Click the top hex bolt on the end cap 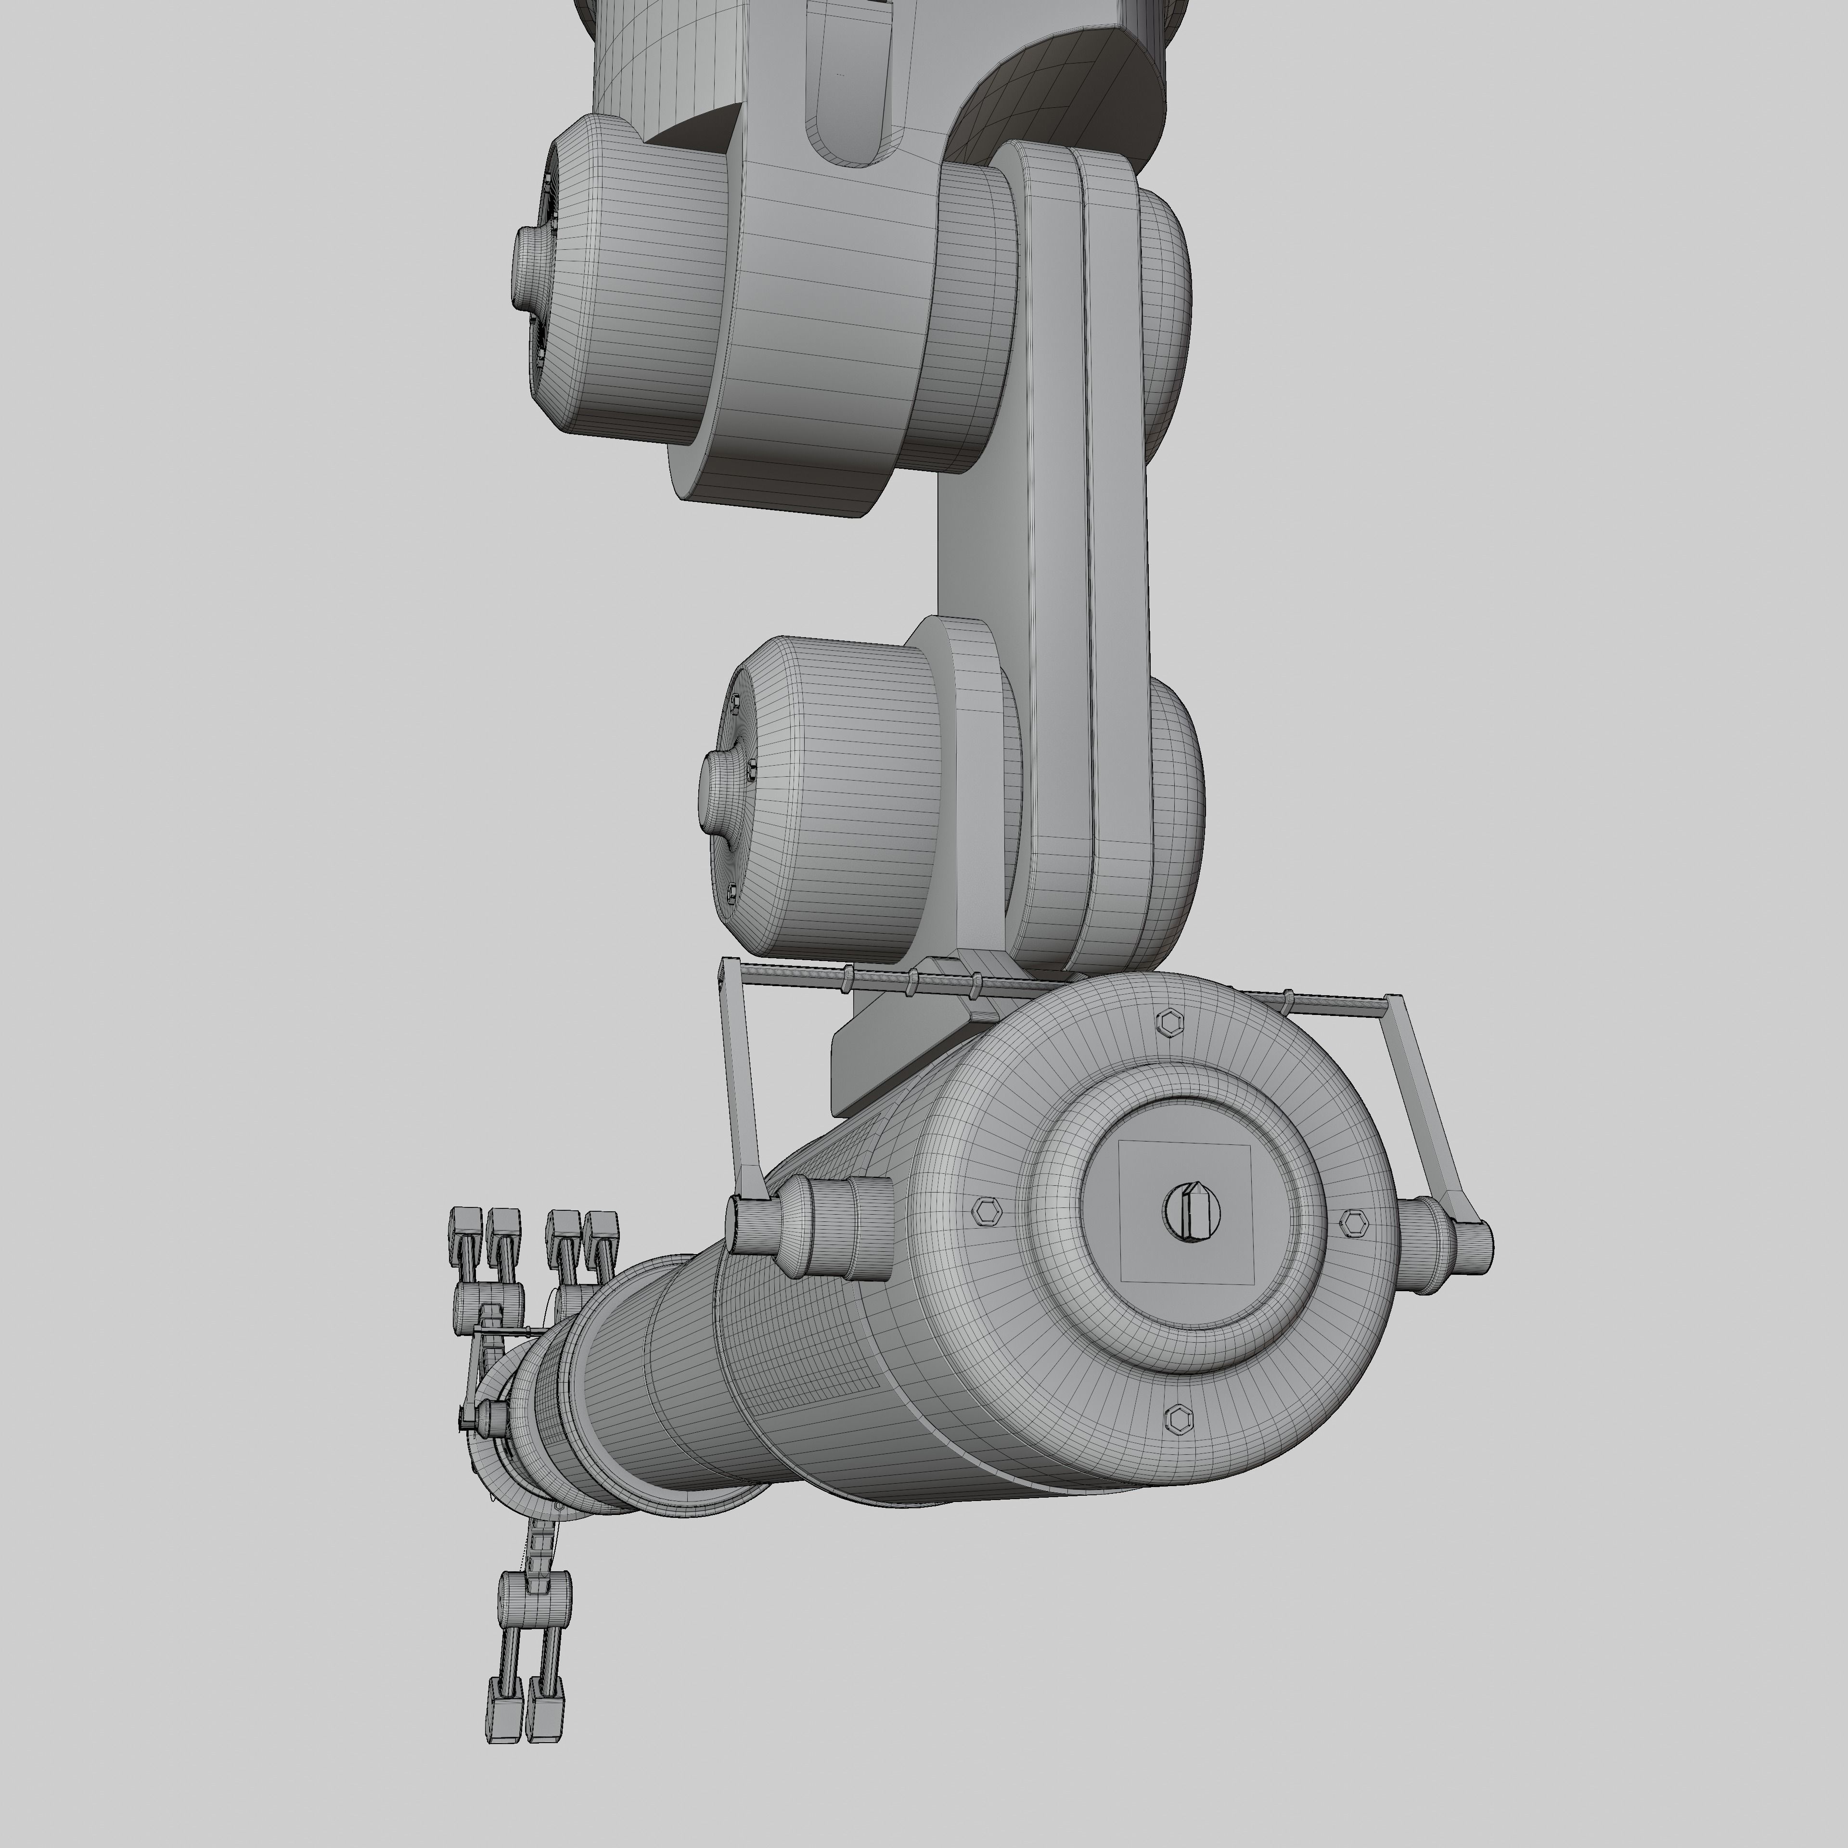1168,1022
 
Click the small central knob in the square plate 1193,1212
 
